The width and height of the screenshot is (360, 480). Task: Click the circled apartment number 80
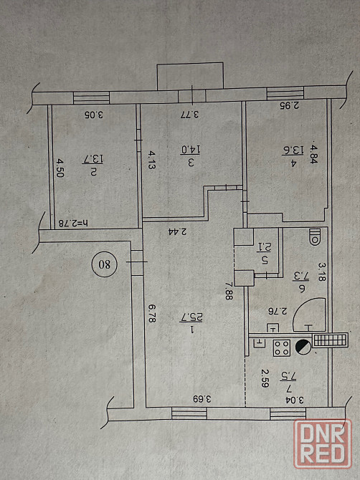coord(105,264)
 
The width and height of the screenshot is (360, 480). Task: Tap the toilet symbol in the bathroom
coord(315,236)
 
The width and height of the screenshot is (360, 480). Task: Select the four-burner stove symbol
coord(282,347)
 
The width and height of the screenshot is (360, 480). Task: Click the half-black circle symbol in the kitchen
coord(303,347)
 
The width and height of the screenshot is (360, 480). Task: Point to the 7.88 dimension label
coord(229,291)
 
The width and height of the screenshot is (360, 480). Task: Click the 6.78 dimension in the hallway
coord(151,313)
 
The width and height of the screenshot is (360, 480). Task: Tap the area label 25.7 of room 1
coord(192,317)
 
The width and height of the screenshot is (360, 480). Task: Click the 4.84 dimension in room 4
coord(313,154)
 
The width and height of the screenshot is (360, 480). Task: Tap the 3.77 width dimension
coord(189,115)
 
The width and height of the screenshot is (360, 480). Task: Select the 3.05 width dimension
coord(94,115)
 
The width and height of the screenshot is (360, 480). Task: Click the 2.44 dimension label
coord(178,231)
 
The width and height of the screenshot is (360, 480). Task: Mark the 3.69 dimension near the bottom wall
coord(202,399)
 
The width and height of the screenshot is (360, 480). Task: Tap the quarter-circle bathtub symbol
coord(309,315)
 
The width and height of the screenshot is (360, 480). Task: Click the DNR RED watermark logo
coord(323,443)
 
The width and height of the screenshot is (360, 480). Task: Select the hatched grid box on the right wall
coord(331,340)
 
